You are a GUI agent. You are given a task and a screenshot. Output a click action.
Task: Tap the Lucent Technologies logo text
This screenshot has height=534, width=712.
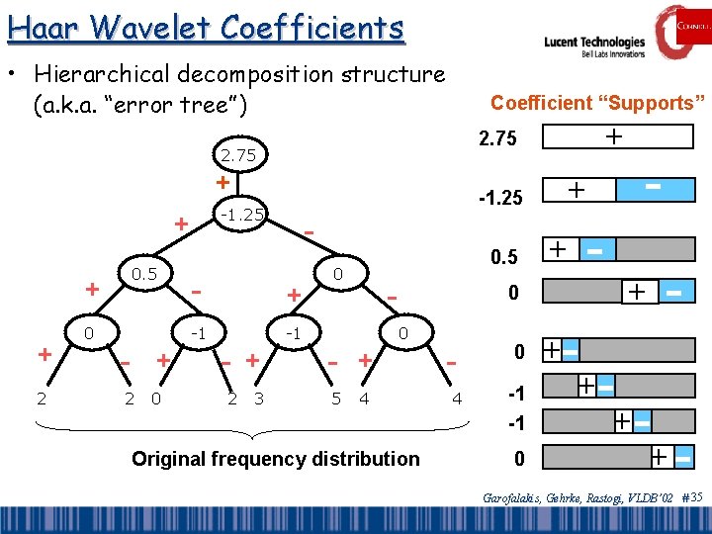pyautogui.click(x=594, y=43)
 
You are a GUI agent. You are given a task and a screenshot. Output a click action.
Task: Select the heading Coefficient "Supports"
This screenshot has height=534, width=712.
pyautogui.click(x=597, y=103)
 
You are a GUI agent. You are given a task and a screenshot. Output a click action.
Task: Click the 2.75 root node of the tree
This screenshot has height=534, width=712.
pyautogui.click(x=237, y=155)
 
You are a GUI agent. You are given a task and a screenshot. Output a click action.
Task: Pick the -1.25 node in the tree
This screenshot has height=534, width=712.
pyautogui.click(x=240, y=214)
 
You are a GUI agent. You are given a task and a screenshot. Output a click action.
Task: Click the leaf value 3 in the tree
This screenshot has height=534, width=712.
pyautogui.click(x=258, y=399)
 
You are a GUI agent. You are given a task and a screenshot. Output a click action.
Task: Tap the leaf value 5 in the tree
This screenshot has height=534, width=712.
pyautogui.click(x=336, y=399)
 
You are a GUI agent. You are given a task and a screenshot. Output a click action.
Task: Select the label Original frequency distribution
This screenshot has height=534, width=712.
pyautogui.click(x=275, y=458)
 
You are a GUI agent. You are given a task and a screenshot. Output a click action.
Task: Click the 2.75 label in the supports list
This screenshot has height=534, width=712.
pyautogui.click(x=496, y=139)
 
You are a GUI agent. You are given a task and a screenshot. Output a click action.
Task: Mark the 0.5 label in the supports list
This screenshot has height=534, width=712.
pyautogui.click(x=504, y=257)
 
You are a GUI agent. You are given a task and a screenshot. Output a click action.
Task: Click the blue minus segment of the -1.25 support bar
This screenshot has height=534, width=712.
pyautogui.click(x=653, y=188)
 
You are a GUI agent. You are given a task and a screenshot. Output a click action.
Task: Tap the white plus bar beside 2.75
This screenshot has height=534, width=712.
pyautogui.click(x=616, y=139)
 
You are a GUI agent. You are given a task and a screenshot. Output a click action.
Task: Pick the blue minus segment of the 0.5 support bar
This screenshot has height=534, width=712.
pyautogui.click(x=595, y=252)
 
